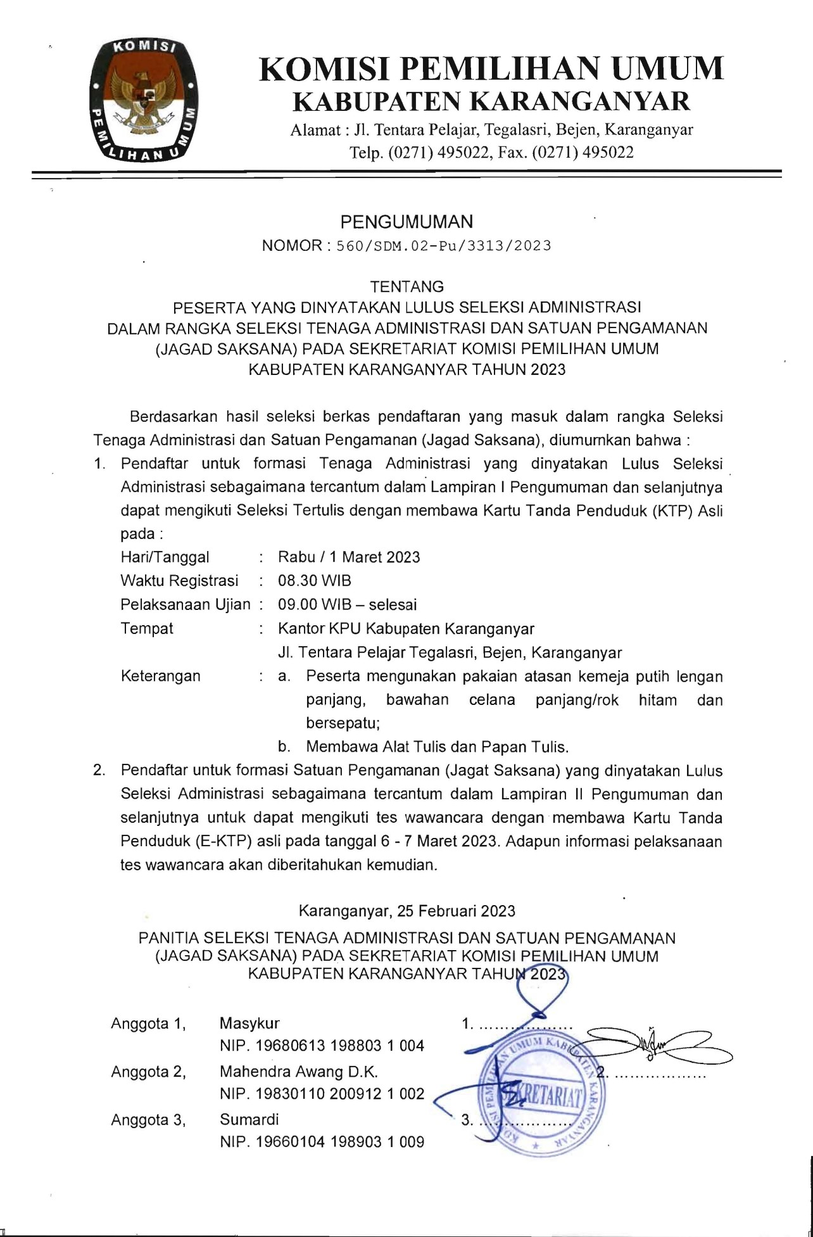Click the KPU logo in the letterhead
pyautogui.click(x=143, y=100)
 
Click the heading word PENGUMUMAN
pyautogui.click(x=406, y=222)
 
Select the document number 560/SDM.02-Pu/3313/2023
pyautogui.click(x=443, y=246)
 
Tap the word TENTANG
pyautogui.click(x=406, y=286)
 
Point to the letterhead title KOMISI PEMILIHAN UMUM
pyautogui.click(x=491, y=68)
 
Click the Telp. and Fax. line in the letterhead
pyautogui.click(x=491, y=152)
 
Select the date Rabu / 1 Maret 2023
pyautogui.click(x=349, y=557)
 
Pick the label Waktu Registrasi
pyautogui.click(x=179, y=580)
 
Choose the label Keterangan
pyautogui.click(x=160, y=676)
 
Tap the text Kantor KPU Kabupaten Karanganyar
pyautogui.click(x=406, y=628)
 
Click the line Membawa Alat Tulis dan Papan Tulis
pyautogui.click(x=438, y=746)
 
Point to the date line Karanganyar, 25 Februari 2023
pyautogui.click(x=406, y=911)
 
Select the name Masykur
pyautogui.click(x=249, y=1023)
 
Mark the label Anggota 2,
pyautogui.click(x=148, y=1072)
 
